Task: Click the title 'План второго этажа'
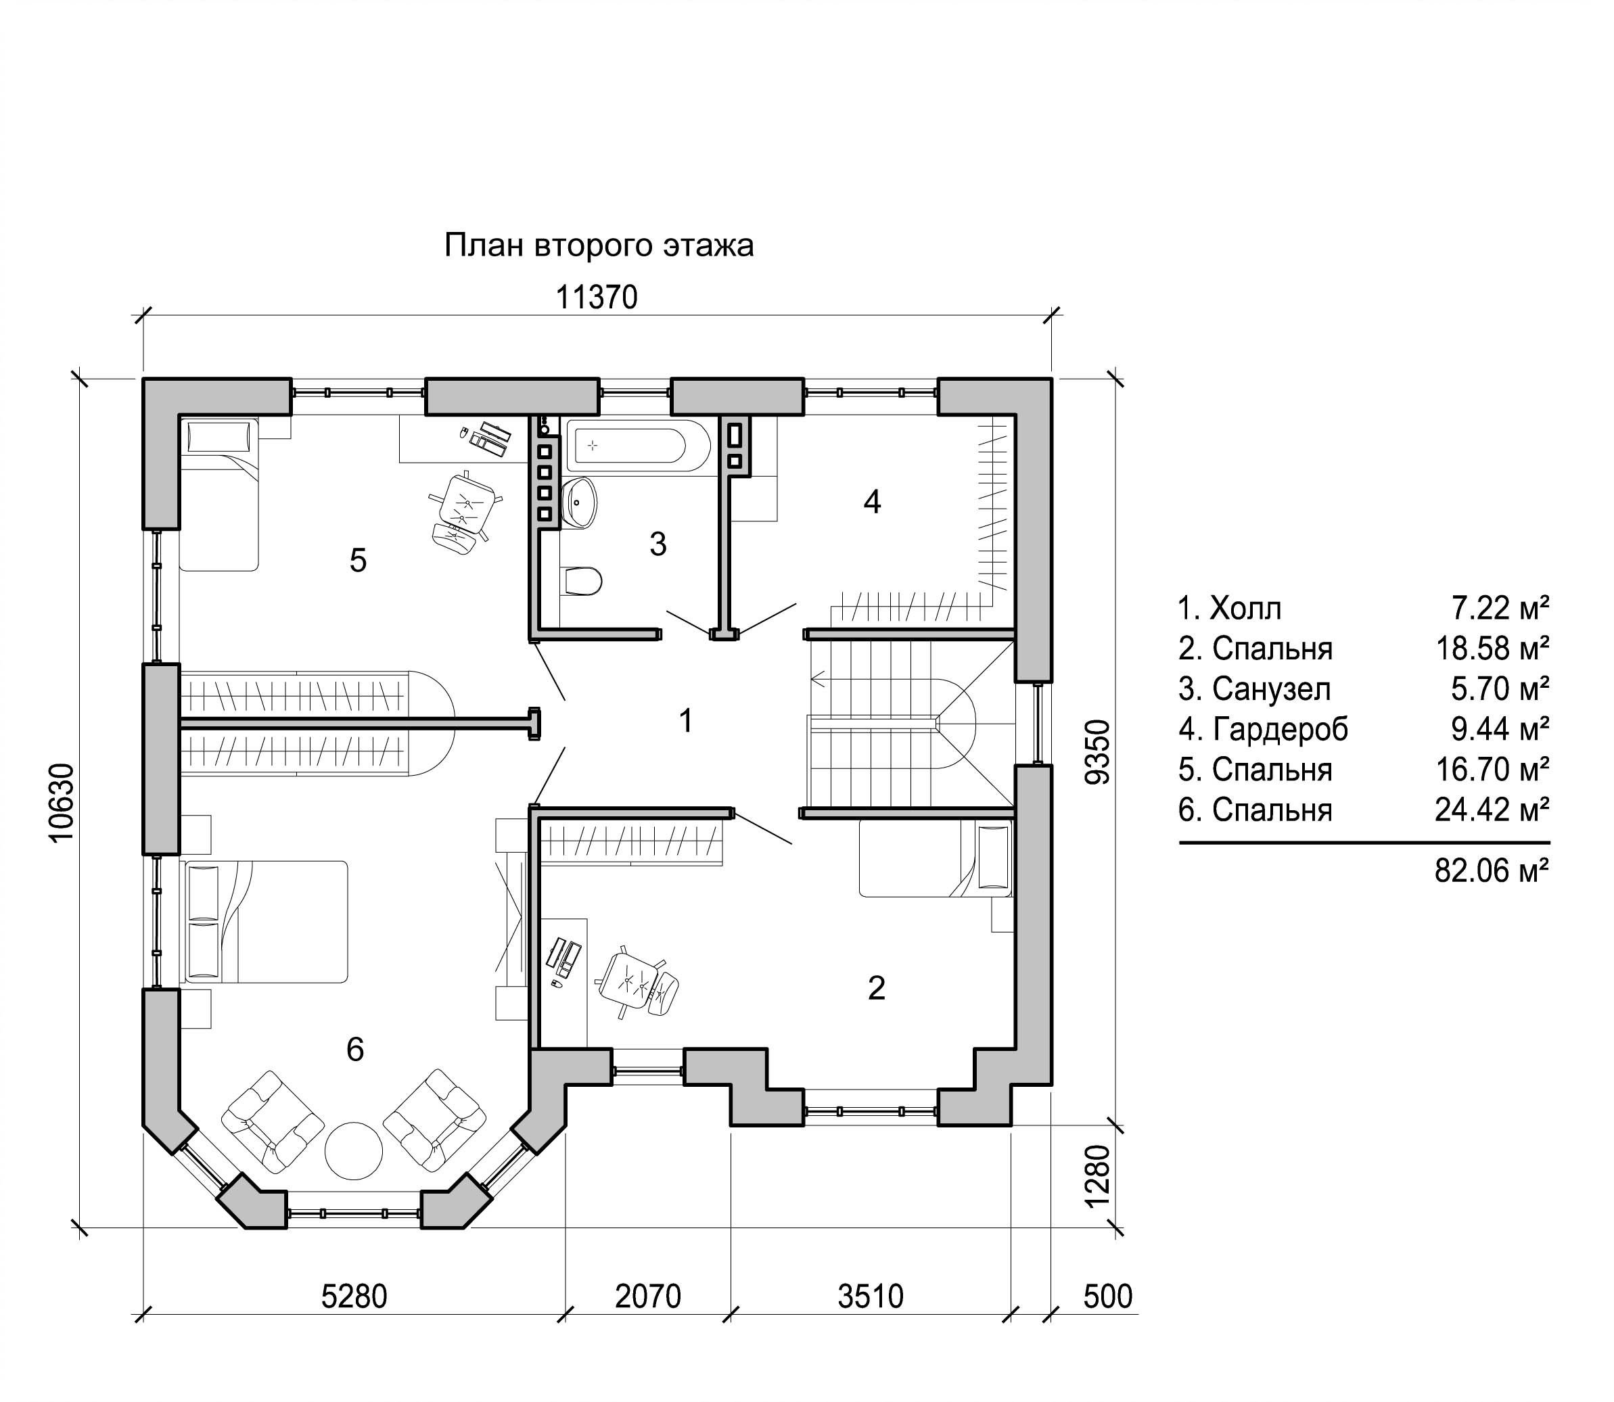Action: pyautogui.click(x=599, y=246)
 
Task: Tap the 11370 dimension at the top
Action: pyautogui.click(x=597, y=298)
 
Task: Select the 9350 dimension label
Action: pyautogui.click(x=1099, y=753)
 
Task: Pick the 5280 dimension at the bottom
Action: pyautogui.click(x=354, y=1296)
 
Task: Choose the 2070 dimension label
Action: pyautogui.click(x=648, y=1296)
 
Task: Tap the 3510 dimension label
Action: pyautogui.click(x=871, y=1296)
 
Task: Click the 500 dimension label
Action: pyautogui.click(x=1108, y=1296)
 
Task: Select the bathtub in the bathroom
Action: pyautogui.click(x=639, y=446)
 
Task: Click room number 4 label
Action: pyautogui.click(x=873, y=502)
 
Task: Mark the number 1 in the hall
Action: pyautogui.click(x=686, y=720)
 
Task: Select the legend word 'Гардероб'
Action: pyautogui.click(x=1281, y=729)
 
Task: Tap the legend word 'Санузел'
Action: pyautogui.click(x=1271, y=689)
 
